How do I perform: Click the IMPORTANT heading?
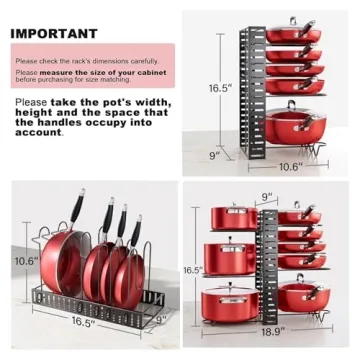[54, 33]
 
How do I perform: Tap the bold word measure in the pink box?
[58, 72]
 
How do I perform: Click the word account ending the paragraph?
[38, 132]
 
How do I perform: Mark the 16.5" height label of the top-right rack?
[220, 89]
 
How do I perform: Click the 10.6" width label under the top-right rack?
[289, 166]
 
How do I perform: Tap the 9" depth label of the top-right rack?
[213, 156]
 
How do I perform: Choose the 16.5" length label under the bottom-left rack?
[84, 323]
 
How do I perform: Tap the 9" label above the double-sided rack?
[267, 197]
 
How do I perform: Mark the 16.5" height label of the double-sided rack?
[193, 270]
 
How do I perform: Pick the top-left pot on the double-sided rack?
[233, 216]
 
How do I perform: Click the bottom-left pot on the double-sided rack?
[229, 301]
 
